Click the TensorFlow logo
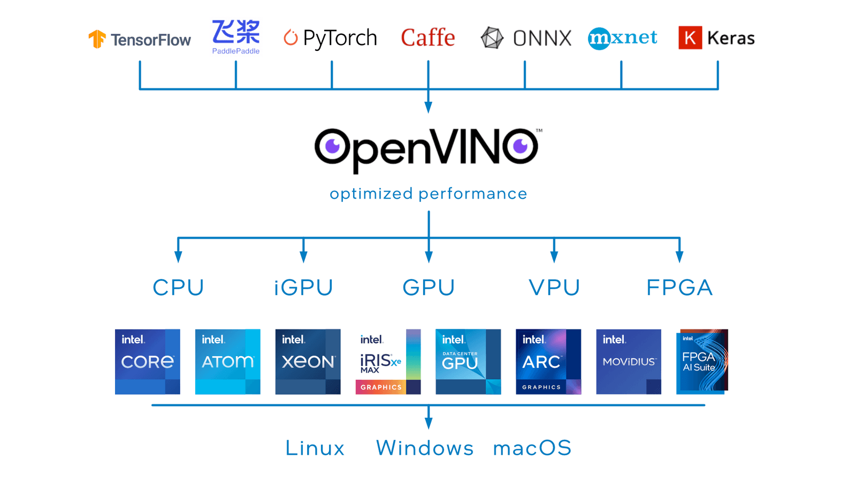(139, 39)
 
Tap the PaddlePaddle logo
(235, 36)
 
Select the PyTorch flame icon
(291, 37)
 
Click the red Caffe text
(427, 37)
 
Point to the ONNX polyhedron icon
(492, 38)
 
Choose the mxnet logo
(622, 37)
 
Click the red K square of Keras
(690, 37)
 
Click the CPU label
(178, 288)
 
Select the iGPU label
(303, 288)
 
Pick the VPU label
(554, 288)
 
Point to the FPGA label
(679, 288)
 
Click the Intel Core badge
(147, 361)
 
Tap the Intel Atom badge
(227, 361)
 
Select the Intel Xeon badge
(308, 361)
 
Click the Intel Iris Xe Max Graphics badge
(388, 361)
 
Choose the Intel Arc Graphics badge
(548, 361)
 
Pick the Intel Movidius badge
(629, 361)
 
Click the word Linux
(315, 448)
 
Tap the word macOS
(532, 448)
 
